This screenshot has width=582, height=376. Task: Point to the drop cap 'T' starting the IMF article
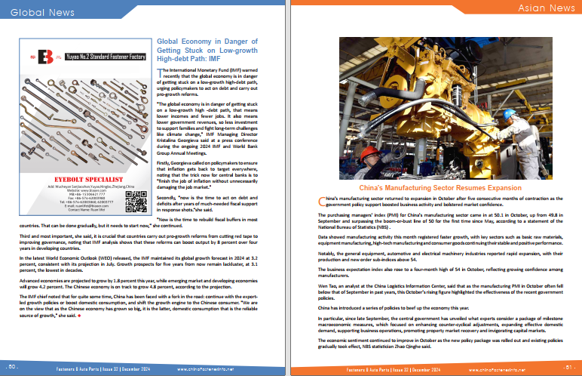[159, 70]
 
